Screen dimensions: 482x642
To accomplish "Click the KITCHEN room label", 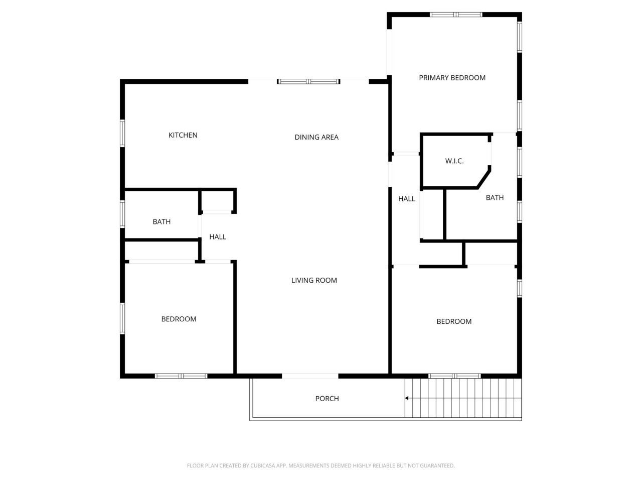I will pos(183,135).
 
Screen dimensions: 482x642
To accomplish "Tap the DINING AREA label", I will pos(316,137).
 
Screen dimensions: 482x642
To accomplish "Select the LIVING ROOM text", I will pos(314,280).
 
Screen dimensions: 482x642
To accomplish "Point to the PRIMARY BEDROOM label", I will pos(452,78).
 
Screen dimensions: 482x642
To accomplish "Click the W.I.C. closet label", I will pos(454,161).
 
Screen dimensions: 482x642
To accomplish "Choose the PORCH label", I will pos(327,399).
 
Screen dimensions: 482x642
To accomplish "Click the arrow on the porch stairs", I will pos(407,398).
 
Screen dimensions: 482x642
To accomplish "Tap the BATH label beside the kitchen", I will pos(162,222).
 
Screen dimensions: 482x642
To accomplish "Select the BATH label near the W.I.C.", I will pos(494,198).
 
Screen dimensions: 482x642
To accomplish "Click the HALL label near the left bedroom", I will pos(217,237).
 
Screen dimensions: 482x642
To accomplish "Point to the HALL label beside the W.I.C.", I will pos(406,199).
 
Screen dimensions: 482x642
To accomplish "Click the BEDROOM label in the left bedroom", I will pos(179,319).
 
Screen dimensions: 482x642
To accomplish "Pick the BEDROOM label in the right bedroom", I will pos(453,322).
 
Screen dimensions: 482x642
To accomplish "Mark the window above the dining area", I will pos(308,81).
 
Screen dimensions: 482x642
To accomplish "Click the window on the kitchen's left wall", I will pos(122,133).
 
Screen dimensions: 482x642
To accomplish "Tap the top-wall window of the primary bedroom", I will pos(455,15).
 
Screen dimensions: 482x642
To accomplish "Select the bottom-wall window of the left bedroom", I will pos(181,376).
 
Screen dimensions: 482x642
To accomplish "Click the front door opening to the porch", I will pos(309,376).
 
